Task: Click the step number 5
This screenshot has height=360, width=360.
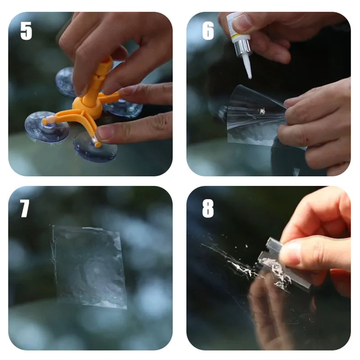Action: pos(26,31)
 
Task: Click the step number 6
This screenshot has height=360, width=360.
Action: pos(208,31)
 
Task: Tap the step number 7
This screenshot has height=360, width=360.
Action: pos(25,208)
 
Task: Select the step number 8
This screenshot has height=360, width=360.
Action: pos(208,208)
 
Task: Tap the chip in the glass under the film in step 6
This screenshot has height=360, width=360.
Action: pos(262,111)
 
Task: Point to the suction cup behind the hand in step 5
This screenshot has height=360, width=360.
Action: pos(66,81)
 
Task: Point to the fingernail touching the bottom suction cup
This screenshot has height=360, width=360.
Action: pos(105,133)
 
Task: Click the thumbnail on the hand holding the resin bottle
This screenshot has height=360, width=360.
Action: pos(241,22)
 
